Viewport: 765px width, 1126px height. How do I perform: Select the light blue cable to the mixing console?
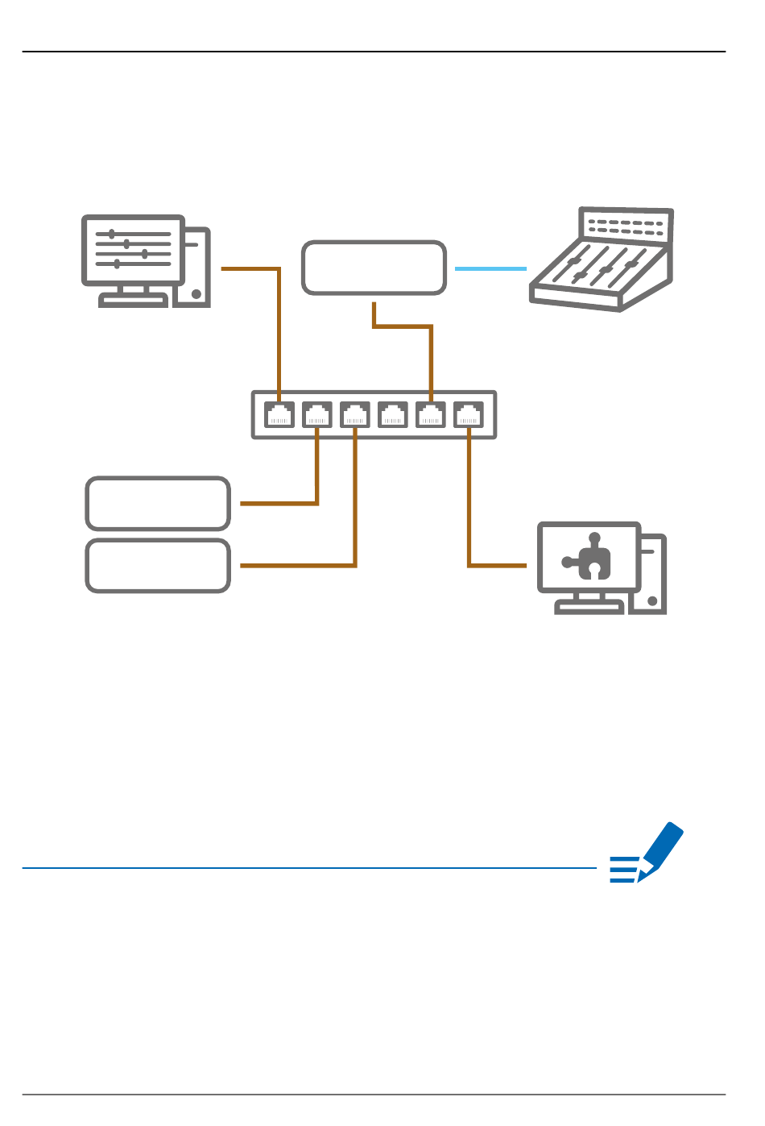[x=490, y=268]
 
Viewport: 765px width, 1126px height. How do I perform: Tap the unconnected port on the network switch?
[x=393, y=415]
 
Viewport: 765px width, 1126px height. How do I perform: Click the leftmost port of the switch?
[x=279, y=415]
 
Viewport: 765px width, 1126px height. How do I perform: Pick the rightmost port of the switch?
[x=469, y=415]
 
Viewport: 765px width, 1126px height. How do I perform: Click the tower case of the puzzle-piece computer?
[x=653, y=574]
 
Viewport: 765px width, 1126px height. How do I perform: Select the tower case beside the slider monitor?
[x=197, y=267]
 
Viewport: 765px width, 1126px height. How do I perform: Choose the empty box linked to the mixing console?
[x=374, y=268]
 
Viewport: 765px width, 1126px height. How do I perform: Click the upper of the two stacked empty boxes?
[x=158, y=503]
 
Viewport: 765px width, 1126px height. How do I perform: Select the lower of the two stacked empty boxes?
[x=158, y=566]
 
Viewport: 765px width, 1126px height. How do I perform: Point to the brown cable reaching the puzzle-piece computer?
[x=469, y=516]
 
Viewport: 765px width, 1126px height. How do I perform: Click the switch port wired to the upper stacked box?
[x=317, y=415]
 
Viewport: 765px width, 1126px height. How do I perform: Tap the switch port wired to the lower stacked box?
[x=355, y=415]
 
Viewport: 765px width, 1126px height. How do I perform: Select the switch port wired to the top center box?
[x=431, y=415]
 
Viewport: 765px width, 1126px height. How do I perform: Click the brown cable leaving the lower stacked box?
[x=298, y=566]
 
